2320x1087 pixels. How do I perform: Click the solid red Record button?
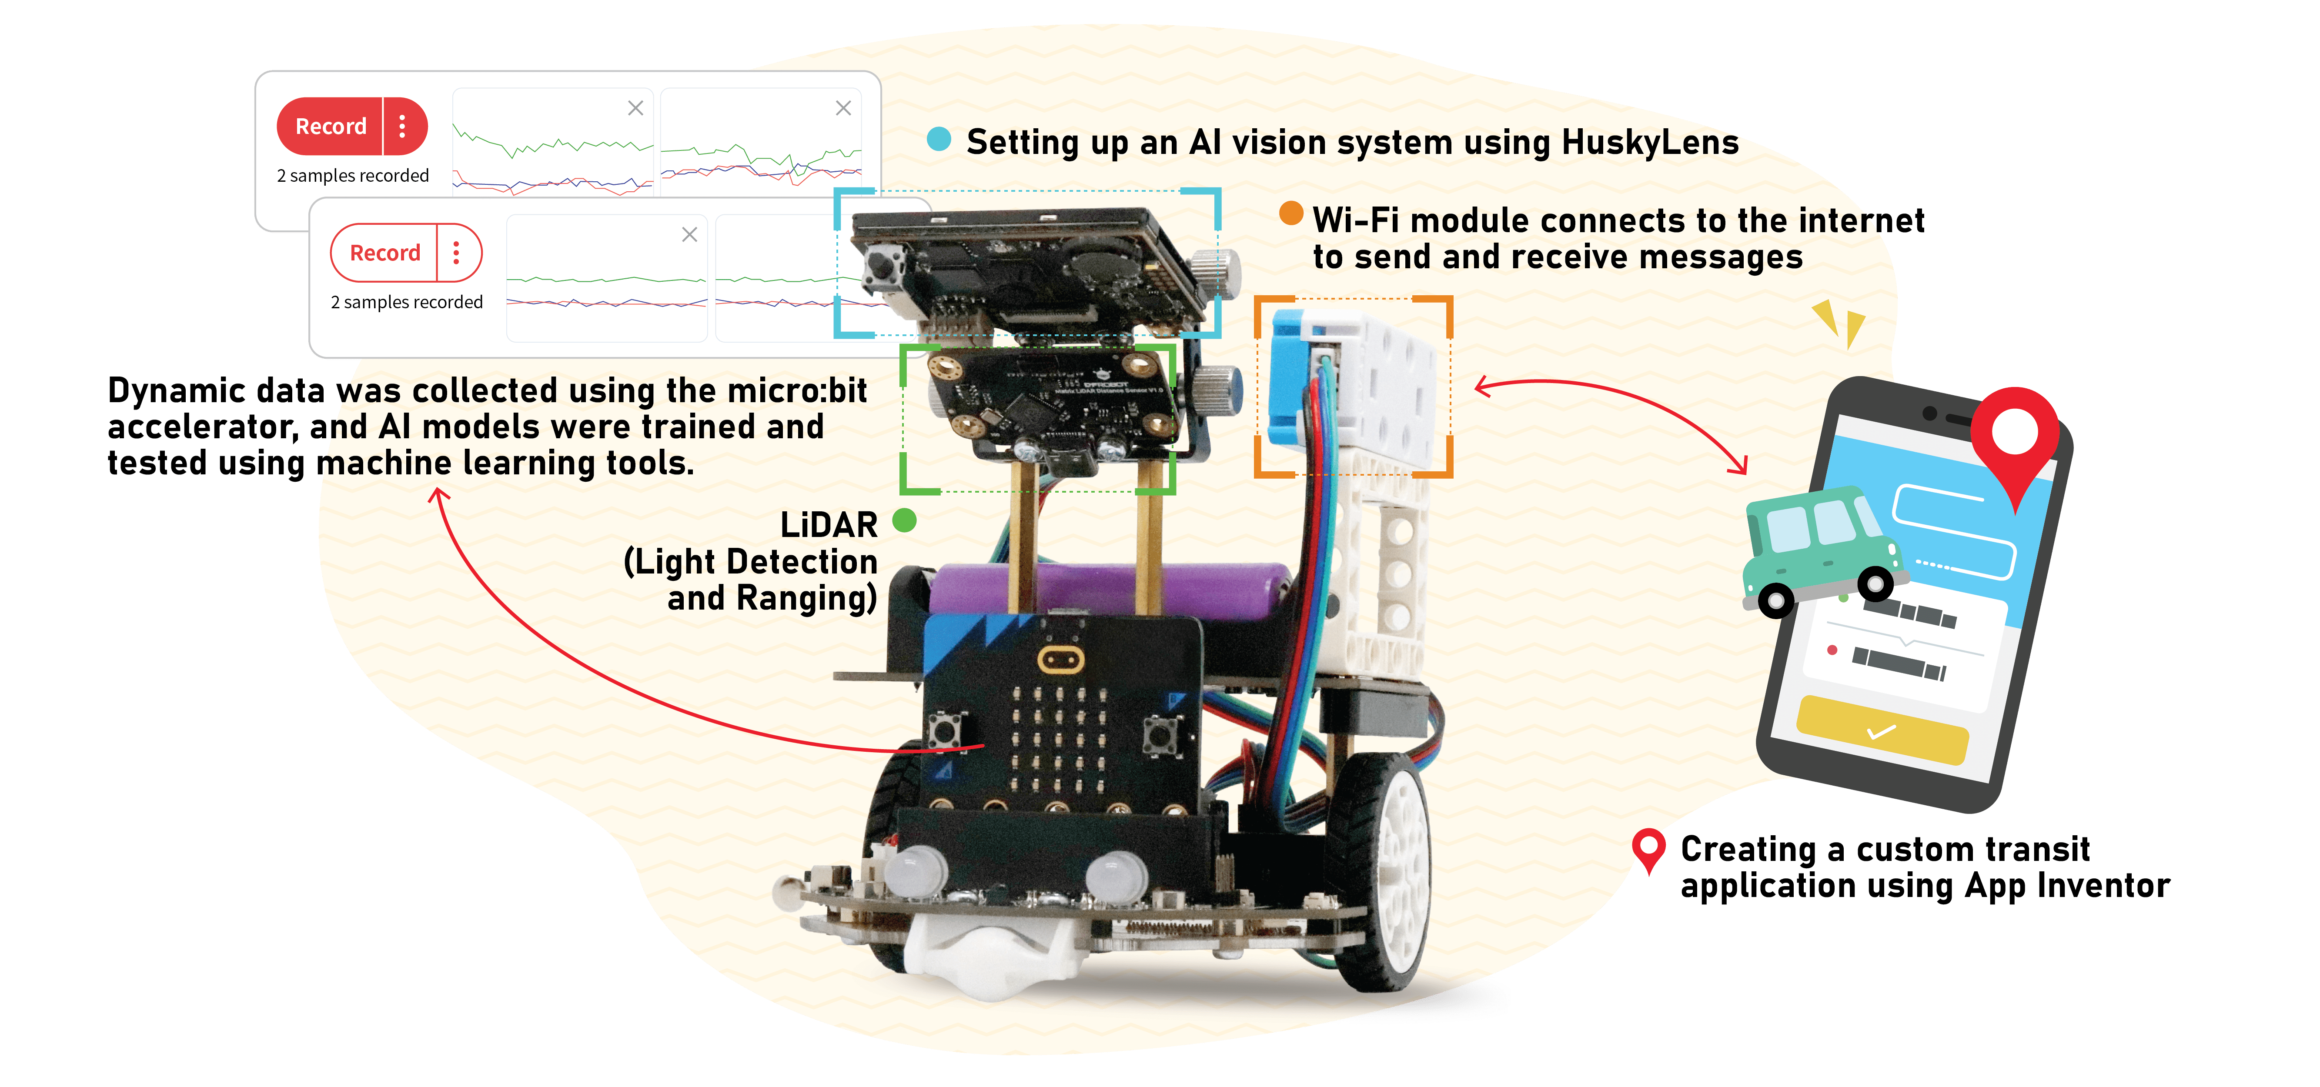(x=331, y=126)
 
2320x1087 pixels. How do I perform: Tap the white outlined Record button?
(x=384, y=253)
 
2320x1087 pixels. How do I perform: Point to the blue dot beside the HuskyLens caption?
(x=939, y=139)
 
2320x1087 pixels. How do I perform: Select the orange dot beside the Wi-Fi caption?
(x=1290, y=213)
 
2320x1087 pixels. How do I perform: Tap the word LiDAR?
(x=829, y=525)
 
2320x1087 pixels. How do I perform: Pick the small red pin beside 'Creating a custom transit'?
(x=1648, y=848)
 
